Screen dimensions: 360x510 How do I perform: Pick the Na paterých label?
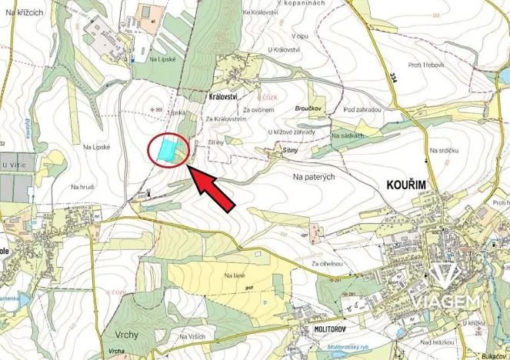(x=314, y=177)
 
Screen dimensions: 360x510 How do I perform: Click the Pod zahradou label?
(x=362, y=110)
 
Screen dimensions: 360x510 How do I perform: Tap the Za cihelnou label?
(x=327, y=263)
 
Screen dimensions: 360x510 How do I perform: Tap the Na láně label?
(x=234, y=275)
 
